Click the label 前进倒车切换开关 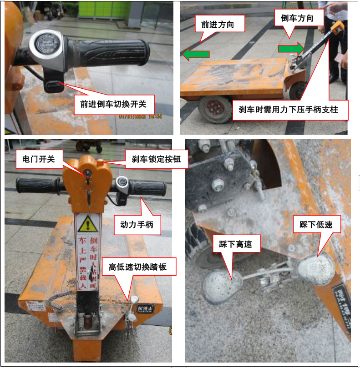click(113, 104)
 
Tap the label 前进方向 click(218, 25)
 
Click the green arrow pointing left click(196, 54)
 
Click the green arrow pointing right click(291, 48)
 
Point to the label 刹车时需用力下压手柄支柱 click(290, 110)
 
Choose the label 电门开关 click(38, 159)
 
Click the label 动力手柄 click(137, 224)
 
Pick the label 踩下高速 click(236, 244)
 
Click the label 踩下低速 click(316, 224)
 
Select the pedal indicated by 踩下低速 click(316, 269)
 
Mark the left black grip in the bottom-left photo click(37, 185)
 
